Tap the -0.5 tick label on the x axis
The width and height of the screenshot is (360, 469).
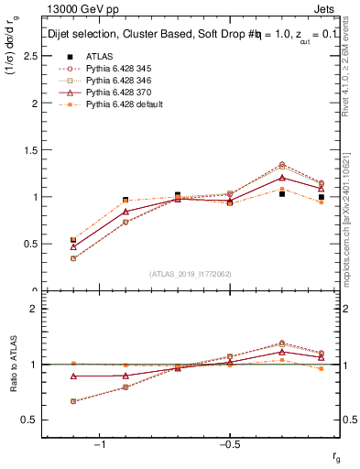click(228, 444)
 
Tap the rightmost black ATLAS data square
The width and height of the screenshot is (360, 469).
click(322, 197)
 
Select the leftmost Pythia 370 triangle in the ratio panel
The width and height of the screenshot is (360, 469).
click(73, 376)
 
